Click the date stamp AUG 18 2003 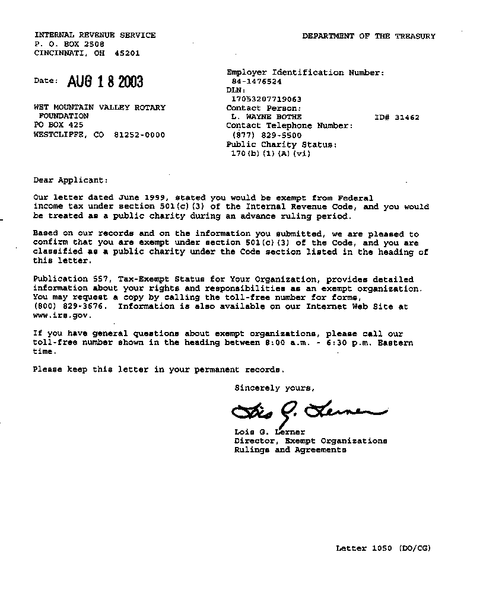click(105, 82)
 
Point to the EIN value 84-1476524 click(256, 82)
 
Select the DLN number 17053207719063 click(266, 100)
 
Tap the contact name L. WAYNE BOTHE click(266, 117)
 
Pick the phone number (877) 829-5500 click(266, 135)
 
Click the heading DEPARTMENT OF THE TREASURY click(368, 36)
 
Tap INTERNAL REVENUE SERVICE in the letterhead click(95, 36)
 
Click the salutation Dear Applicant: click(71, 180)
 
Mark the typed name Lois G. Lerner click(269, 432)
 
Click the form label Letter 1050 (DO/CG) click(383, 548)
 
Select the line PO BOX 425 click(58, 126)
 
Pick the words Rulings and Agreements click(290, 450)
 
